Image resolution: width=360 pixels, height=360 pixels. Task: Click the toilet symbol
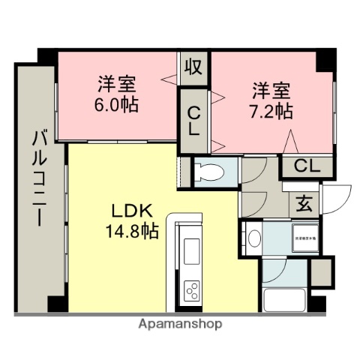tap(211, 172)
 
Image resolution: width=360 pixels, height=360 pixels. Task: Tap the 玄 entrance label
tap(304, 202)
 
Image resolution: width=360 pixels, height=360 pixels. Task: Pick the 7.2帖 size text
tap(271, 112)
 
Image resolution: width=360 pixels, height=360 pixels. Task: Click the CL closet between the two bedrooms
tap(193, 120)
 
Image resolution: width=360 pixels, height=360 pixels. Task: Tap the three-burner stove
tap(191, 289)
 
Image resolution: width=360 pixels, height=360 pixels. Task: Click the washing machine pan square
tap(304, 238)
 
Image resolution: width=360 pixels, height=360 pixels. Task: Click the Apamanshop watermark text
tap(180, 325)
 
